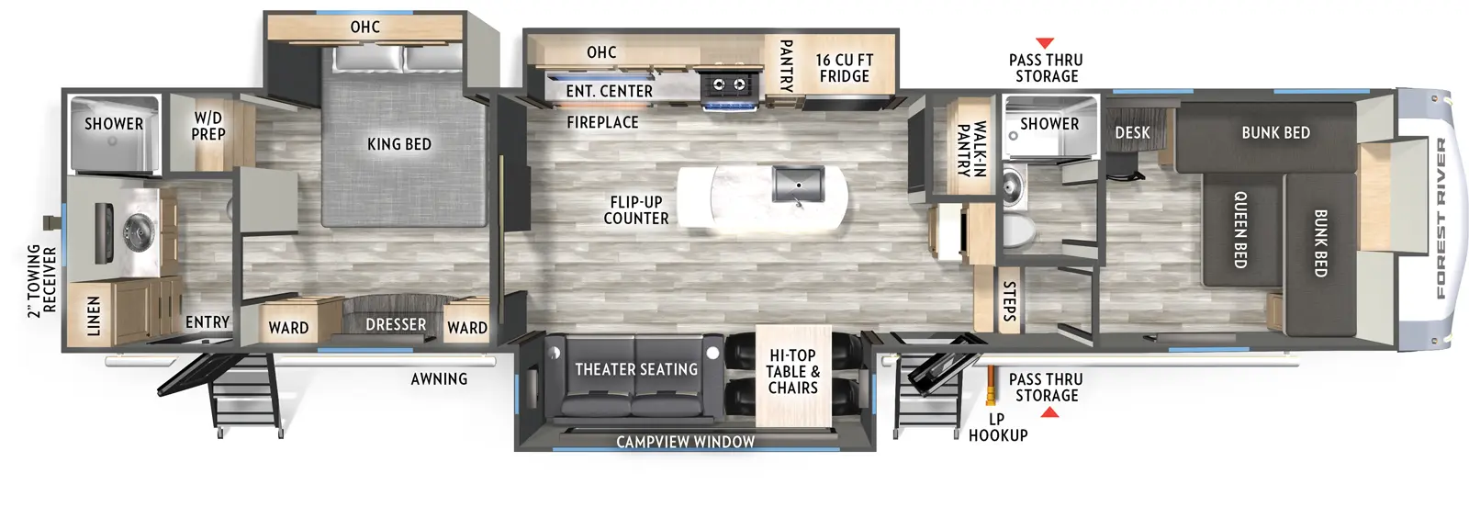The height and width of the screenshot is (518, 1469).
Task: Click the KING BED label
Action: pos(398,144)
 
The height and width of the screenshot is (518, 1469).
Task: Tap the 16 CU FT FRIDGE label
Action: pos(844,68)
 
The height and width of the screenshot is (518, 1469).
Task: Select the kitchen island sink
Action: pos(798,184)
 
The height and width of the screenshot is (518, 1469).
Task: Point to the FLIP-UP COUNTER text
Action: pos(635,210)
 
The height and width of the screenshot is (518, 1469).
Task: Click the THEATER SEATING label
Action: pos(635,369)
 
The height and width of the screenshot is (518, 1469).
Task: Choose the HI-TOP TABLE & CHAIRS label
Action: pos(792,371)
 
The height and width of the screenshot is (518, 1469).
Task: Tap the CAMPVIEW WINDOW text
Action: pos(685,442)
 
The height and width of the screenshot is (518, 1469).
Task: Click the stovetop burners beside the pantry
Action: pos(729,85)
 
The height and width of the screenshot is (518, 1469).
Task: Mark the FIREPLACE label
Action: pos(602,122)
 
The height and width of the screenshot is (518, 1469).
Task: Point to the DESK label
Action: pos(1132,133)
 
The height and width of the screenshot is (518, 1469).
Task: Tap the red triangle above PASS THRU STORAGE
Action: pos(1044,43)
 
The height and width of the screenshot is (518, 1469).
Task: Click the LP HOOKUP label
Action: pos(997,427)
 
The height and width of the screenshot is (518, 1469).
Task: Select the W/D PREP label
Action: pos(208,126)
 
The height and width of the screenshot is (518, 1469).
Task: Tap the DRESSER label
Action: pos(396,325)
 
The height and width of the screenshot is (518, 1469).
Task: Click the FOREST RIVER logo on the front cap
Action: pos(1440,219)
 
